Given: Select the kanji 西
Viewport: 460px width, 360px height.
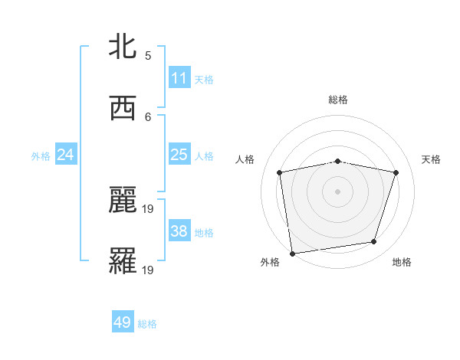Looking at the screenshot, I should (123, 110).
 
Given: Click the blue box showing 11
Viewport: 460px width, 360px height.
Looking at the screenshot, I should (179, 78).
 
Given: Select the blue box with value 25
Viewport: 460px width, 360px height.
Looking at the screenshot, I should (179, 155).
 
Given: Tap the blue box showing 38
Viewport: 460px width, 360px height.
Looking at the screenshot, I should (179, 231).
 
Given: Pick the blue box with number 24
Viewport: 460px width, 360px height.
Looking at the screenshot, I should (66, 155).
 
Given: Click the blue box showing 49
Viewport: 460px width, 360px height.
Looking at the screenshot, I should (123, 322).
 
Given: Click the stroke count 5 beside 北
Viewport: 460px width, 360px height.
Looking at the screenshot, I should (148, 55).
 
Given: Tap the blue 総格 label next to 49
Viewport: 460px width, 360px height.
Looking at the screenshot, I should (147, 324).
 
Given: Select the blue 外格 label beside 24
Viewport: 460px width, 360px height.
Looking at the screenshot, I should (41, 156).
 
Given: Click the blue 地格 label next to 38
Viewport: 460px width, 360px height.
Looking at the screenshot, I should (204, 233).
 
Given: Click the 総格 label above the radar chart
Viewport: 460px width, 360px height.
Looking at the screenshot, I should (338, 100).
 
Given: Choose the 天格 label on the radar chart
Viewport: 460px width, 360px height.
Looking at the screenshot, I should (431, 159).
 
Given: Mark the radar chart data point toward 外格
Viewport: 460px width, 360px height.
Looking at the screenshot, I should (292, 252).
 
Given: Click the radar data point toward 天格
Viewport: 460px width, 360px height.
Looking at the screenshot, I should (396, 172).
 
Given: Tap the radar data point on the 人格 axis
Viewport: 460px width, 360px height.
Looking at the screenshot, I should (280, 172).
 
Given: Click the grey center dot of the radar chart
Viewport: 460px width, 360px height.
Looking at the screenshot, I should (338, 191).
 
